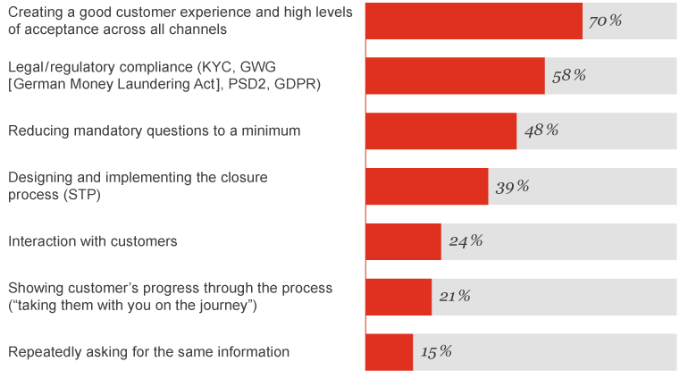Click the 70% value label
pyautogui.click(x=605, y=20)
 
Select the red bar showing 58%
pyautogui.click(x=455, y=76)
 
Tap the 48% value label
pyautogui.click(x=541, y=130)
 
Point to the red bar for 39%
pyautogui.click(x=426, y=186)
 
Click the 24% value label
pyautogui.click(x=466, y=241)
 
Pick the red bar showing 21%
pyautogui.click(x=399, y=297)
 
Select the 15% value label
pyautogui.click(x=436, y=352)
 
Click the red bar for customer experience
pyautogui.click(x=474, y=21)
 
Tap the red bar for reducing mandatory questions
pyautogui.click(x=440, y=130)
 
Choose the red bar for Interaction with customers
pyautogui.click(x=403, y=241)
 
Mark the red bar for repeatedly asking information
pyautogui.click(x=389, y=352)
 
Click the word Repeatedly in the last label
pyautogui.click(x=44, y=352)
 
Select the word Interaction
pyautogui.click(x=42, y=241)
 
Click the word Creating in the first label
pyautogui.click(x=35, y=12)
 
